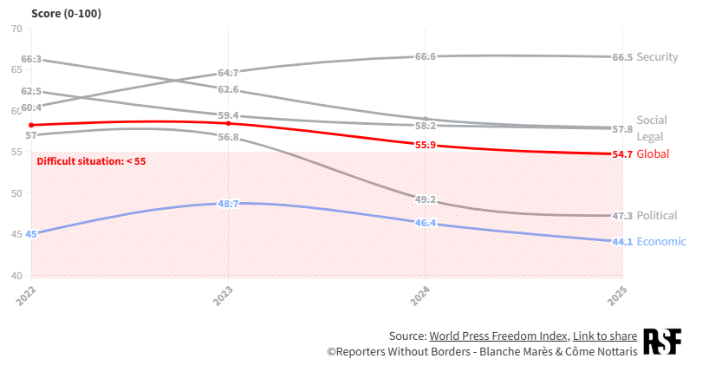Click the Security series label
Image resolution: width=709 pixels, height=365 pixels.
point(657,57)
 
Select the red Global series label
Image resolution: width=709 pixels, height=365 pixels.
point(653,154)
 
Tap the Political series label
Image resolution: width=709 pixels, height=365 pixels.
point(657,216)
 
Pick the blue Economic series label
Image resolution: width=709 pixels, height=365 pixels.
point(661,242)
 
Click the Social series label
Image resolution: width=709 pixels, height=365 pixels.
point(652,121)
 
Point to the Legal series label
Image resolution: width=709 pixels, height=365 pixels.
point(649,137)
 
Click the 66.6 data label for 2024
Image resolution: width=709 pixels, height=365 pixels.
point(426,56)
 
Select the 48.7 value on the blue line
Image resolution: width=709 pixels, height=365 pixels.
point(228,204)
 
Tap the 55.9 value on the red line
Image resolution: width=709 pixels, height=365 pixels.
point(426,145)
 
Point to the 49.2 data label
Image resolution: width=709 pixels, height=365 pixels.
point(426,199)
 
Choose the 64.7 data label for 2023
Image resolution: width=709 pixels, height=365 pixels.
point(228,73)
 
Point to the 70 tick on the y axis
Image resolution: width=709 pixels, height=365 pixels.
point(16,29)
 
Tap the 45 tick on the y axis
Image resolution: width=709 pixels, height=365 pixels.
point(16,235)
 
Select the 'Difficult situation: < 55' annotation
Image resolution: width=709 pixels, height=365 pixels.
point(91,161)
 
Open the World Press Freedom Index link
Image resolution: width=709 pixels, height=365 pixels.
point(498,336)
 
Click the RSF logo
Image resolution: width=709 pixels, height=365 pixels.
point(662,342)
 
